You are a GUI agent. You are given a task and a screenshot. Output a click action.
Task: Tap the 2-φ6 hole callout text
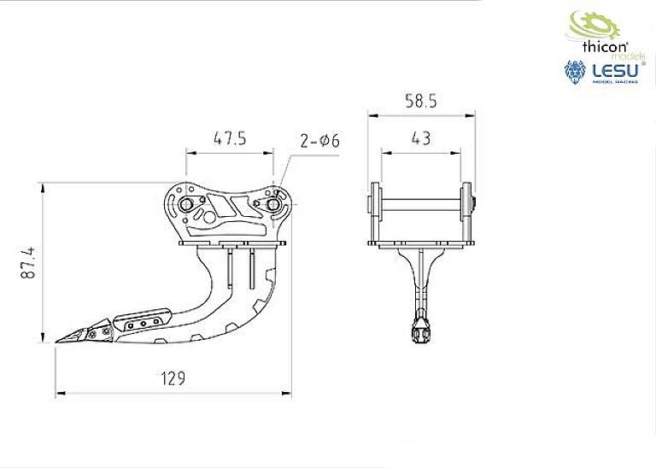click(x=319, y=141)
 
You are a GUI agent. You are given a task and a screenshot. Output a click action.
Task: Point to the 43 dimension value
click(x=420, y=137)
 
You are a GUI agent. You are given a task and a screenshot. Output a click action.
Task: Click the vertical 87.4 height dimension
click(x=27, y=263)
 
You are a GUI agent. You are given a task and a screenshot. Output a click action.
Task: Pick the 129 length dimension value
click(x=171, y=377)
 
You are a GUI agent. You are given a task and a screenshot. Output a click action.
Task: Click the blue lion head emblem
click(x=576, y=75)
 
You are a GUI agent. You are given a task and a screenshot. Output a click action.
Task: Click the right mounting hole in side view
click(x=272, y=204)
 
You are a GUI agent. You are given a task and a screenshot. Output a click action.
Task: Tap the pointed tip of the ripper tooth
click(x=58, y=342)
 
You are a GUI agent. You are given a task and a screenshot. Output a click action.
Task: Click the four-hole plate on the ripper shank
click(x=142, y=323)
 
